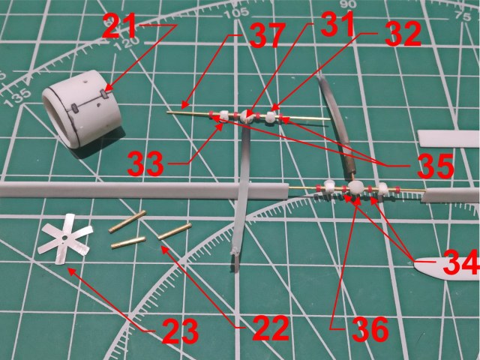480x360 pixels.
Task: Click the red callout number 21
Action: point(119,31)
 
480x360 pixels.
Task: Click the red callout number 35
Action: point(436,167)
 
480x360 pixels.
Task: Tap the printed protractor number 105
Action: point(240,13)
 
